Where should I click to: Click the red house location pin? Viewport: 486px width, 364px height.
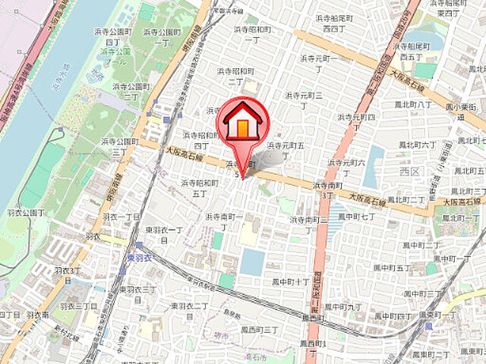(x=242, y=123)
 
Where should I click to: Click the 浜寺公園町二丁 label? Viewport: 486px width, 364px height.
(x=131, y=92)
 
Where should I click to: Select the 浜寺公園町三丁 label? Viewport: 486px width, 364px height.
(x=118, y=146)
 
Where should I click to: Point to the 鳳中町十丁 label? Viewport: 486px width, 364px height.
(x=291, y=281)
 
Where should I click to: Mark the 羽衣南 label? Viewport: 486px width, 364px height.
(x=36, y=314)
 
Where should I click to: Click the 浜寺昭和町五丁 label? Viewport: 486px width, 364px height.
(x=199, y=187)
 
